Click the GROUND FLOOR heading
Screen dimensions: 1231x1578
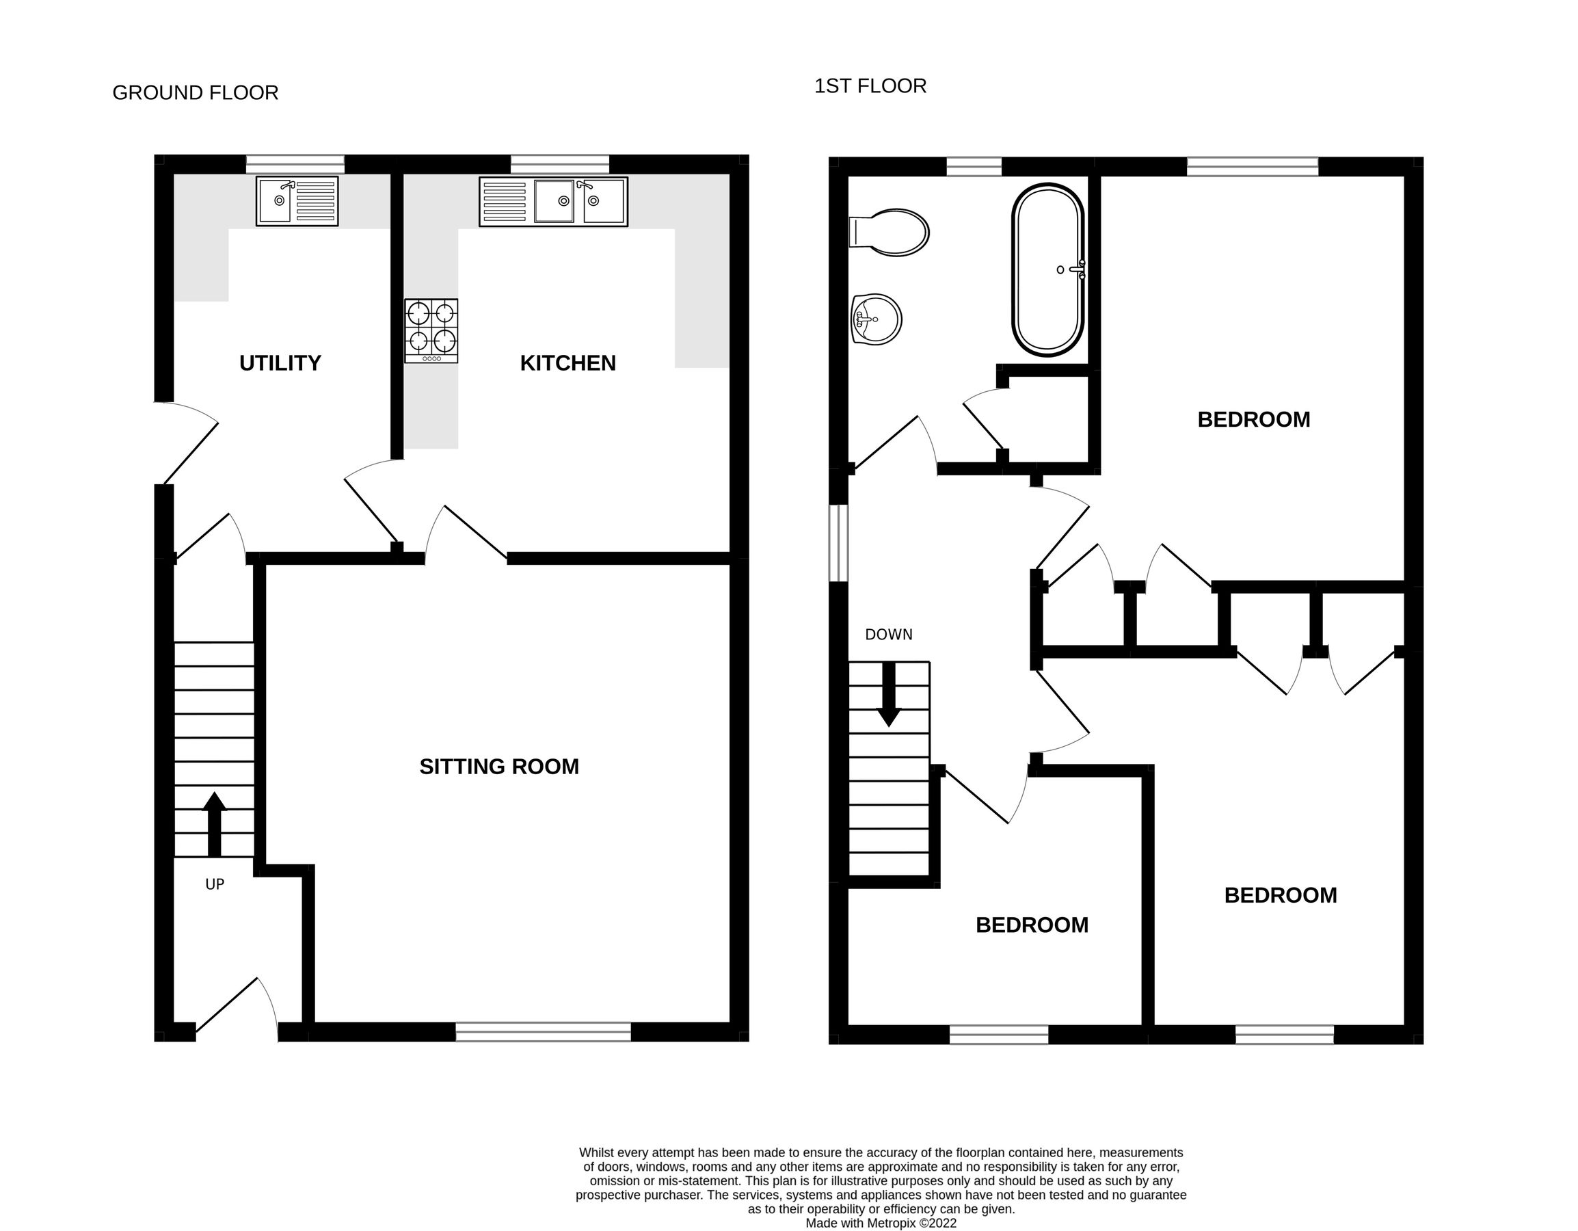[195, 93]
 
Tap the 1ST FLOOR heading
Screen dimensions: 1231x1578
[870, 86]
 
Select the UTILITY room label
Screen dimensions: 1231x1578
[280, 363]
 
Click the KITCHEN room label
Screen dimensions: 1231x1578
[568, 363]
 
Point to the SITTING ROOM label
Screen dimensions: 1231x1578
[499, 766]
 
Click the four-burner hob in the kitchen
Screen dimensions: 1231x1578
[431, 330]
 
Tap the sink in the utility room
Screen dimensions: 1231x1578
[297, 202]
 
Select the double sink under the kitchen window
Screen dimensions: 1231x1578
[553, 202]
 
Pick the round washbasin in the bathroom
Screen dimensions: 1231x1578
[877, 319]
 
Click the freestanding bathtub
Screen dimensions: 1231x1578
[1047, 269]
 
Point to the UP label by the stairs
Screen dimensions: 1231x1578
[215, 884]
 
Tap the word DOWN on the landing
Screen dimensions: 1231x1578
[889, 635]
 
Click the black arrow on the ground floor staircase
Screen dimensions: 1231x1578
[214, 824]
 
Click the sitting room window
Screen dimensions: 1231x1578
[544, 1031]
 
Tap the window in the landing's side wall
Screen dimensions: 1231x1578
[838, 543]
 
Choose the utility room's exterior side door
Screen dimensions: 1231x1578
[188, 442]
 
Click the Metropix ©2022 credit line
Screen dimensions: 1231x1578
[881, 1223]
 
